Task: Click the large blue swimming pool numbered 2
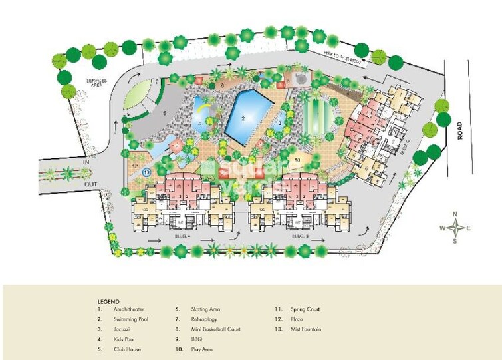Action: pyautogui.click(x=249, y=116)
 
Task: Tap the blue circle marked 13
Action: pyautogui.click(x=146, y=171)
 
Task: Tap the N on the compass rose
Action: pyautogui.click(x=455, y=214)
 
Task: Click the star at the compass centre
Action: pyautogui.click(x=455, y=228)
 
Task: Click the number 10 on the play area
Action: pyautogui.click(x=297, y=160)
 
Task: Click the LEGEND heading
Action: pyautogui.click(x=108, y=301)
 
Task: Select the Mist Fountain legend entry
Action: pyautogui.click(x=307, y=329)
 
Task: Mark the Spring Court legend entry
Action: pyautogui.click(x=305, y=309)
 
